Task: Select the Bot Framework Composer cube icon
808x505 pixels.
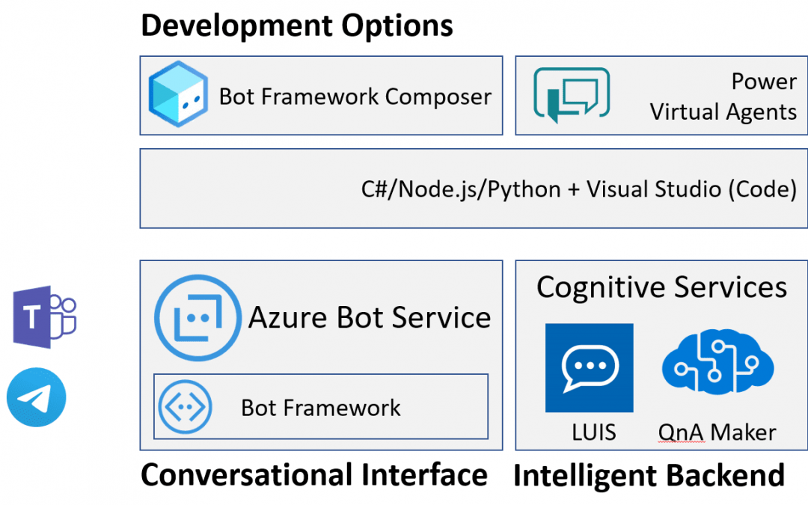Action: [177, 94]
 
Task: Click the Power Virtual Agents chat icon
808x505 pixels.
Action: [571, 95]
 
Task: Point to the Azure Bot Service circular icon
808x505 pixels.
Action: [198, 317]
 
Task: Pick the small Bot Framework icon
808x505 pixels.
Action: [186, 408]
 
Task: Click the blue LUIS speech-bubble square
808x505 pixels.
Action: [589, 367]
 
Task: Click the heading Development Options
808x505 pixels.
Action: [297, 25]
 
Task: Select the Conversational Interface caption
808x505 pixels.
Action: [314, 475]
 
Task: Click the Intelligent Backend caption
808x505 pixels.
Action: [649, 475]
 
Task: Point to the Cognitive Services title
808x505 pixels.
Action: [661, 287]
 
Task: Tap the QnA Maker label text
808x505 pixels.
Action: [717, 432]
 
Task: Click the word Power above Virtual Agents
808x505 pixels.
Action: [764, 81]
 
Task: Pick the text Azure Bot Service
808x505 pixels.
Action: [370, 317]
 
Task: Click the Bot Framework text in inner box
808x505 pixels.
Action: [320, 408]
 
